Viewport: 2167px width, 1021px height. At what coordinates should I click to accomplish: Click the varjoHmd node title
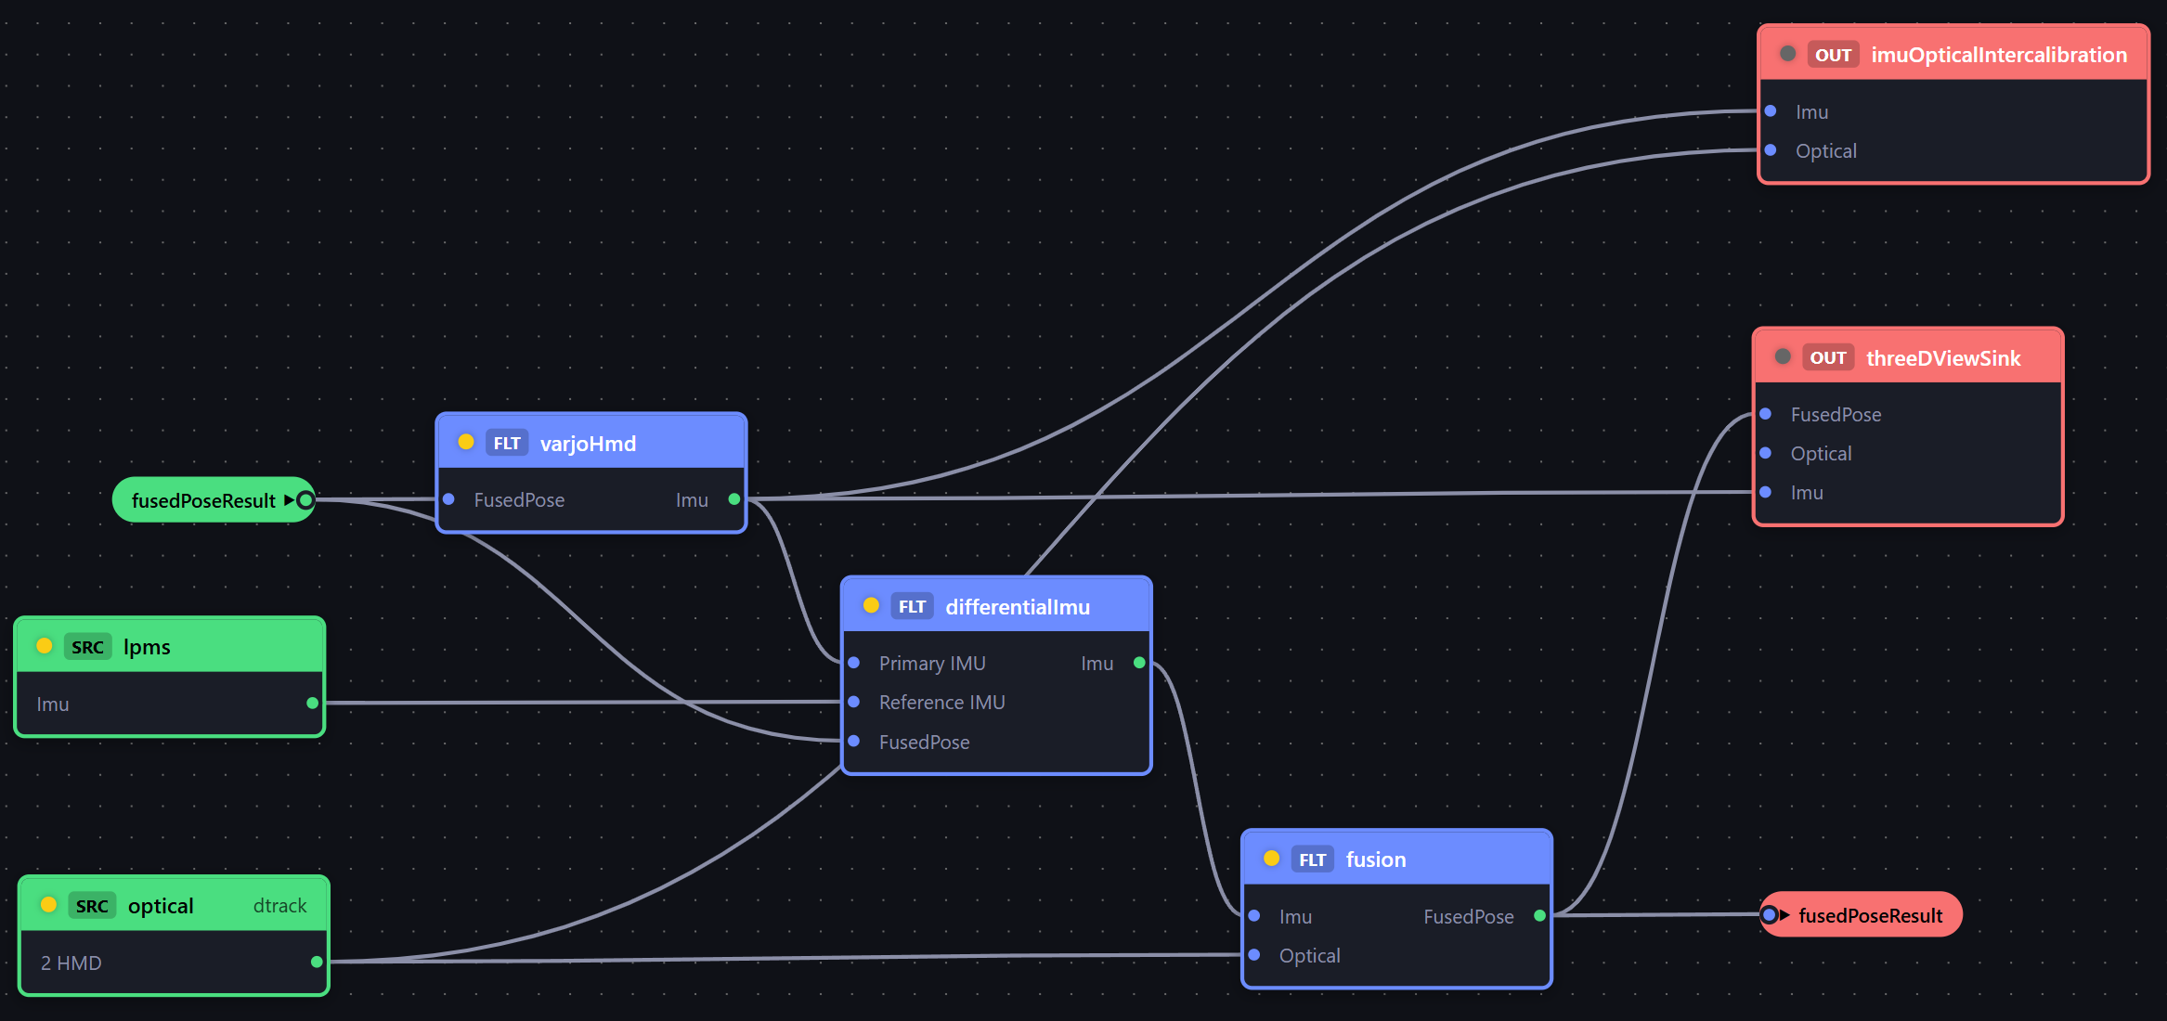click(x=588, y=444)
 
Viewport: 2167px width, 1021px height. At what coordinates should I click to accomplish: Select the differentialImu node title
click(x=1018, y=607)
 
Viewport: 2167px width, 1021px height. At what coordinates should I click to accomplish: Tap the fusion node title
click(x=1376, y=859)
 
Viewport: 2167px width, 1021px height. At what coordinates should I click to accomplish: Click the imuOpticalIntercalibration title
click(x=1999, y=55)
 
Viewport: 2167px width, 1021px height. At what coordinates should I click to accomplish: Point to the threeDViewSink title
click(x=1943, y=358)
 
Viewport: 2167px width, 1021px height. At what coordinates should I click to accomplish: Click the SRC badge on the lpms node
click(x=88, y=647)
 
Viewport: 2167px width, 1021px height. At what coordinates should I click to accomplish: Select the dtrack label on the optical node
click(x=279, y=906)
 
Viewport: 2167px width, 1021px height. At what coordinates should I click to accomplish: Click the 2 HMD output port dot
click(x=317, y=962)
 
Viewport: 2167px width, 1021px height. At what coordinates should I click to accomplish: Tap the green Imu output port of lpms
click(x=312, y=703)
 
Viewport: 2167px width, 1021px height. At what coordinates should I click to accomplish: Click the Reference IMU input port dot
click(x=854, y=702)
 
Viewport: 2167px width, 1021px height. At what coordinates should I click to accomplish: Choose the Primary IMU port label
click(x=932, y=664)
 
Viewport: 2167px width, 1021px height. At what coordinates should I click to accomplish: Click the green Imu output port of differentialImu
click(x=1139, y=663)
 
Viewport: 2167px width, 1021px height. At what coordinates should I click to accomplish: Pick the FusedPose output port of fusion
click(x=1539, y=916)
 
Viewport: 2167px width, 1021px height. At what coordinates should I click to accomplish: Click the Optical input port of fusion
click(x=1254, y=955)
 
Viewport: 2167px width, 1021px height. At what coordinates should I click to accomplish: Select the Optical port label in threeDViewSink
click(x=1821, y=454)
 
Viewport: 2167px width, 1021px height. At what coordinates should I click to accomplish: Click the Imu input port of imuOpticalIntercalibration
click(x=1771, y=111)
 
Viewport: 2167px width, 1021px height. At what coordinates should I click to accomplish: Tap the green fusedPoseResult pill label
click(x=203, y=501)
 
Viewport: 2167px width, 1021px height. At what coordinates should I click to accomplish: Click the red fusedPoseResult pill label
click(x=1871, y=916)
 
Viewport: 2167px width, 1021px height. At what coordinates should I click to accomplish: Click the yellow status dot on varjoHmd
click(x=466, y=442)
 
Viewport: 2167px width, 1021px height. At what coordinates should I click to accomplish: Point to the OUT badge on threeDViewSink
click(x=1828, y=358)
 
